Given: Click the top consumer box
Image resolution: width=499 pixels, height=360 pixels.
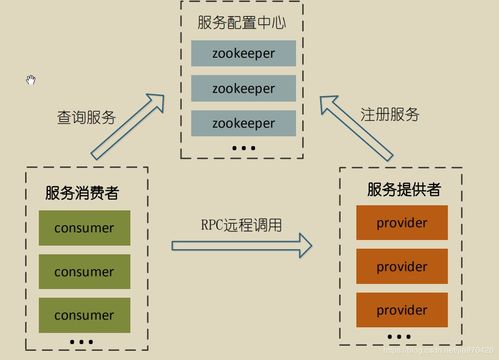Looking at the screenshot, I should tap(84, 228).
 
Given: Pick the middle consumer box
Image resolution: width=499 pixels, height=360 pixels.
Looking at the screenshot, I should tap(84, 271).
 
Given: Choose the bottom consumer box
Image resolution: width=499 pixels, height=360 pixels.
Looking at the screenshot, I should tap(84, 314).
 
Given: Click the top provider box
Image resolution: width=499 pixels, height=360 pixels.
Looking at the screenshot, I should tap(401, 222).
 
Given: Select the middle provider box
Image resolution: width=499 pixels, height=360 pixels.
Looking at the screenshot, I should tap(401, 266).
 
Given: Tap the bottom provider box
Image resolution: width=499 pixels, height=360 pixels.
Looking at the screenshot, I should tap(401, 309).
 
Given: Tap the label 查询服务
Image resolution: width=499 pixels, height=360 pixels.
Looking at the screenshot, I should tap(86, 117).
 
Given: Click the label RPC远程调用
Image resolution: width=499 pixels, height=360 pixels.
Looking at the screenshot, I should tap(240, 224).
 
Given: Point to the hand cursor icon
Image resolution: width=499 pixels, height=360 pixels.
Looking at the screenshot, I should tap(31, 80).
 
